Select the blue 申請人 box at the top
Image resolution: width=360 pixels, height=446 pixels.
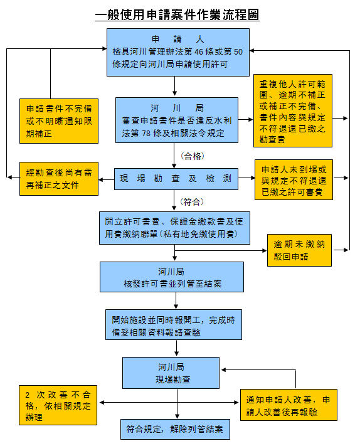click(x=177, y=52)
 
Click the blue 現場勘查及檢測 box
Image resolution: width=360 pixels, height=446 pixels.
click(x=177, y=179)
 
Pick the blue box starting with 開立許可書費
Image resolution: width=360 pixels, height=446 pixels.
click(x=177, y=227)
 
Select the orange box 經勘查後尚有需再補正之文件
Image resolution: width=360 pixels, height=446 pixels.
click(x=58, y=178)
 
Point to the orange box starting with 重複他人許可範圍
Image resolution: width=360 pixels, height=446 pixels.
click(x=293, y=110)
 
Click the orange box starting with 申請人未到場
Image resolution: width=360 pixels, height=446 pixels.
click(x=293, y=179)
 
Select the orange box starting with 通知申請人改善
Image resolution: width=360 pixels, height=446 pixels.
click(x=289, y=405)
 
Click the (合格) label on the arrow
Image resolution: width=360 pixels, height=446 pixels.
click(x=192, y=155)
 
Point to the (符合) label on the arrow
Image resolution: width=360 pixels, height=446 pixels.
click(x=192, y=201)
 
